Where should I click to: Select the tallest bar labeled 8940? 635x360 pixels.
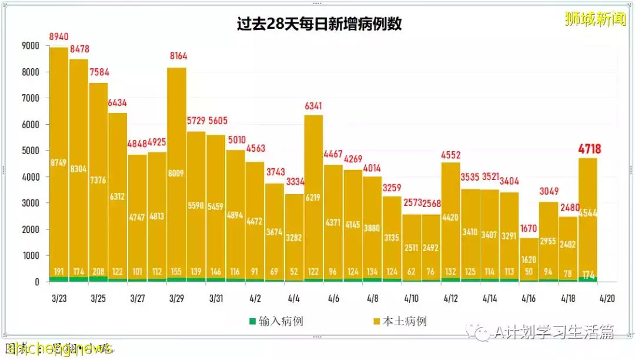pyautogui.click(x=59, y=165)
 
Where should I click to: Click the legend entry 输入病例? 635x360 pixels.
pyautogui.click(x=276, y=321)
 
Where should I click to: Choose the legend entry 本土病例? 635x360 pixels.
pyautogui.click(x=399, y=321)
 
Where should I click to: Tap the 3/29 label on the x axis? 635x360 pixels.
pyautogui.click(x=176, y=298)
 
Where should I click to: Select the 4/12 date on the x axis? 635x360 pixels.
pyautogui.click(x=450, y=298)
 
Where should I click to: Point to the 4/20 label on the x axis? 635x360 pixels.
pyautogui.click(x=607, y=298)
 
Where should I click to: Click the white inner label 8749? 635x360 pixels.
pyautogui.click(x=59, y=162)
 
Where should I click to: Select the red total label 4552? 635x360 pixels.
pyautogui.click(x=450, y=155)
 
